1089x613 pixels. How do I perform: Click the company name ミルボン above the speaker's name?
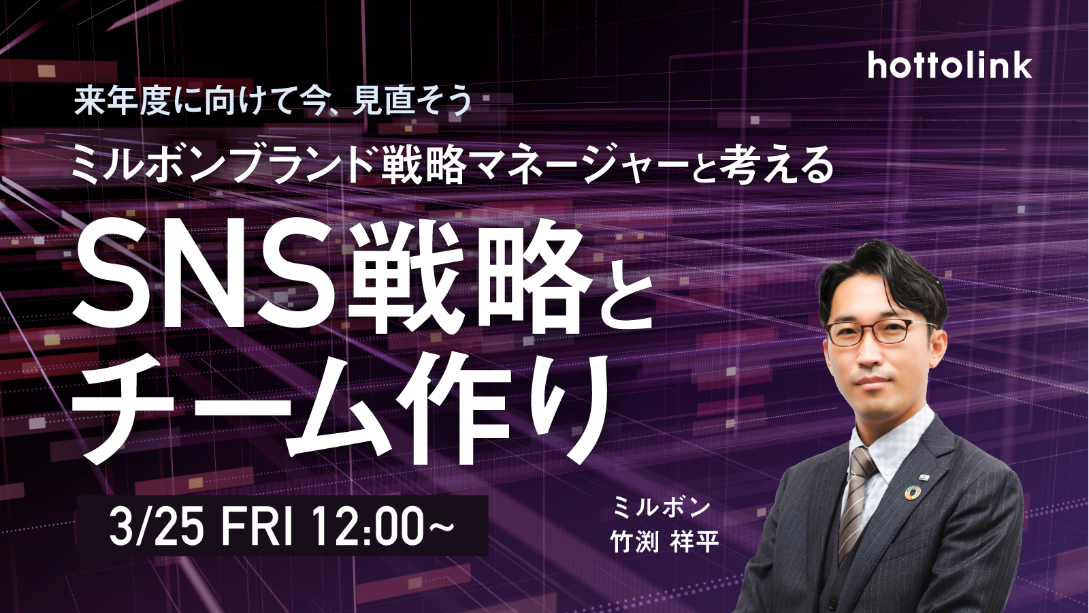coord(662,508)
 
